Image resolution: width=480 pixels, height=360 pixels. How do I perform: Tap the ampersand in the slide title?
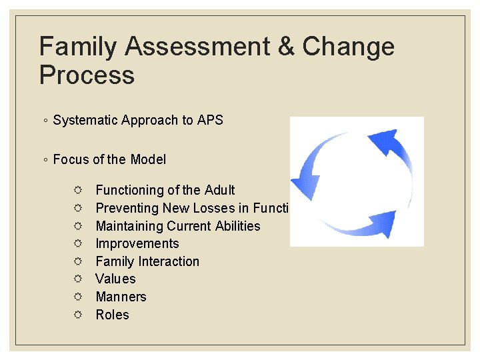[x=286, y=47]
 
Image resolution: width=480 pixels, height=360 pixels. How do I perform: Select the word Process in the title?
[x=87, y=75]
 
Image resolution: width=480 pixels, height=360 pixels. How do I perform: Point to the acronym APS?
[x=210, y=120]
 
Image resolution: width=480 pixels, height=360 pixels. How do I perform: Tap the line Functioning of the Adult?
[x=165, y=191]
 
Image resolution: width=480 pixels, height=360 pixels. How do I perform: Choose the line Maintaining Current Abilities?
[x=178, y=226]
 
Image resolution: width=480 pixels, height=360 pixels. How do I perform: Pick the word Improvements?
[x=137, y=244]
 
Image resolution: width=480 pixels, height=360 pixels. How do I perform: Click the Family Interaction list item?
[x=147, y=261]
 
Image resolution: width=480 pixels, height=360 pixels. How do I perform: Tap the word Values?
[x=115, y=279]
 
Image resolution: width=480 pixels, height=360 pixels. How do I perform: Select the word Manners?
[x=121, y=297]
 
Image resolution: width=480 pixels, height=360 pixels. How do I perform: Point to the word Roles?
[x=112, y=315]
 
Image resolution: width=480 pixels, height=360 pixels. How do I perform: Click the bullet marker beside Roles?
[x=78, y=315]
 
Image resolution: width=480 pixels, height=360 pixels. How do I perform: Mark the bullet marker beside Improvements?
[x=78, y=244]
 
